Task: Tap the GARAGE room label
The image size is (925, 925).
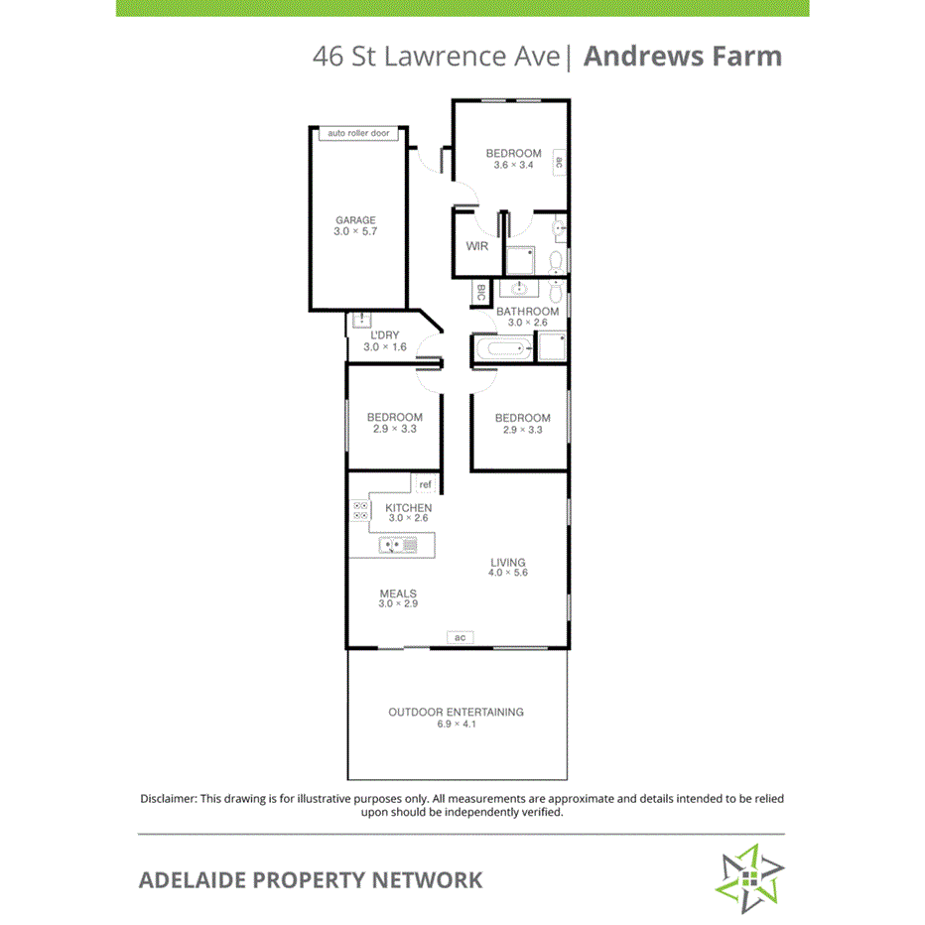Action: [355, 220]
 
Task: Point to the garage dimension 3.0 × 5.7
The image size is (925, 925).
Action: [355, 231]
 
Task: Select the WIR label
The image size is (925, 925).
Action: [476, 246]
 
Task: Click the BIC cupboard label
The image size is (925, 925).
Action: [481, 293]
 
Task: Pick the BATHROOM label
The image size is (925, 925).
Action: [527, 312]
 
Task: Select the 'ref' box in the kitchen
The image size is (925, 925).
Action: [426, 484]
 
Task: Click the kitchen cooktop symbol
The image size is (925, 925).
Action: [360, 511]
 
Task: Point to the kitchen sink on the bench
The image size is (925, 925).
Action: [402, 545]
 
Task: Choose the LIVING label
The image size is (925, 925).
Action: [507, 563]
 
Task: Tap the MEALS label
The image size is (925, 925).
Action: [398, 594]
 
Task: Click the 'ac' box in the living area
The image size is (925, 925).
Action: [460, 637]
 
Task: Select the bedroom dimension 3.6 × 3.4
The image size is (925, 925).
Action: [513, 165]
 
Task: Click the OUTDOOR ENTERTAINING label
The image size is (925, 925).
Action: [456, 712]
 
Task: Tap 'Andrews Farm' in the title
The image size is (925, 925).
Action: [682, 56]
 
